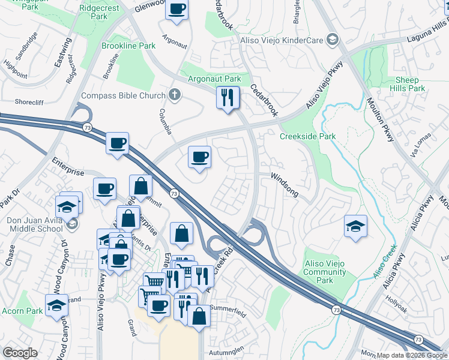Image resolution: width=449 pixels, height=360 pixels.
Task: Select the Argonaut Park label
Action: coord(215,79)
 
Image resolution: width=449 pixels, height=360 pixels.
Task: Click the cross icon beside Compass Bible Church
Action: coord(174,95)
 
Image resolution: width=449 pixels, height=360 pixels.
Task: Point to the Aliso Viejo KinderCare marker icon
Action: coord(332,40)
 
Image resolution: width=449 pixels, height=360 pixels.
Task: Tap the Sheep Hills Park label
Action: coord(411,84)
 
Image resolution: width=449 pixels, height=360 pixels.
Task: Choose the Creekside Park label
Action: coord(307,136)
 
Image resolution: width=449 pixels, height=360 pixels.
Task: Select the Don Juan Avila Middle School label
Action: coord(34,224)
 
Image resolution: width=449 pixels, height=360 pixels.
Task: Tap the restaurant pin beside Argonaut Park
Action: coord(228,97)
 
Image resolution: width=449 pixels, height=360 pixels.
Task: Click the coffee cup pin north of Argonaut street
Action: coord(176,10)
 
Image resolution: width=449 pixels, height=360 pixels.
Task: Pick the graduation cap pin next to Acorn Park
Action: coord(56,304)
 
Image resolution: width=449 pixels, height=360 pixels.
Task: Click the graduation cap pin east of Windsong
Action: coord(355,226)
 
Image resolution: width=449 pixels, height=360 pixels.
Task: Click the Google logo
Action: coord(20,353)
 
